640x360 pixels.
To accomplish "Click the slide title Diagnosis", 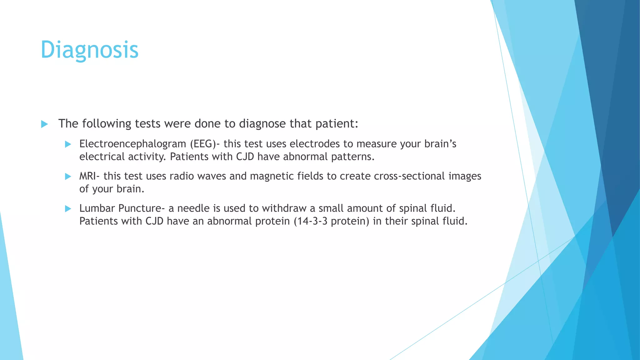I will click(x=89, y=50).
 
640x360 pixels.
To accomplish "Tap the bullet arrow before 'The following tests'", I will click(x=44, y=124).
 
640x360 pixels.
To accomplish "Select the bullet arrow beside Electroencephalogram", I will click(x=68, y=144).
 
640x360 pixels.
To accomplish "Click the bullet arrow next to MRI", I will click(x=68, y=177).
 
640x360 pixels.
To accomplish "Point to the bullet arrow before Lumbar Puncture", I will click(x=68, y=209).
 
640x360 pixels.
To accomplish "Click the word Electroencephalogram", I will click(x=132, y=144).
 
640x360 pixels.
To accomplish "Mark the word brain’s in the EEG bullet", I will click(x=440, y=144).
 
